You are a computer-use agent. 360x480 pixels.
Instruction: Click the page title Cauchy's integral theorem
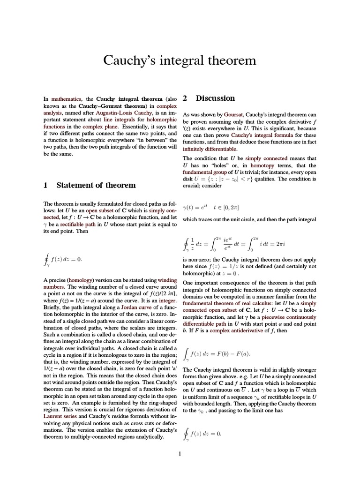[x=180, y=60]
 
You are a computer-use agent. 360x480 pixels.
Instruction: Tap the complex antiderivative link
[x=240, y=330]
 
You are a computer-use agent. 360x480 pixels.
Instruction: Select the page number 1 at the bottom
[x=180, y=453]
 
